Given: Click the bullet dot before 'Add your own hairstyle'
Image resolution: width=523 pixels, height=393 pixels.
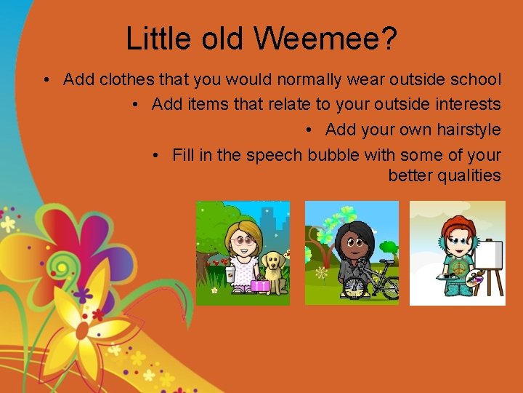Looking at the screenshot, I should pyautogui.click(x=309, y=130).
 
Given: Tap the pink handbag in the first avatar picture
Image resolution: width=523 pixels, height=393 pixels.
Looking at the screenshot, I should pyautogui.click(x=259, y=285).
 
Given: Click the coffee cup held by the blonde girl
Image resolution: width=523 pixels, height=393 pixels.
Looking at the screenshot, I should pyautogui.click(x=230, y=274).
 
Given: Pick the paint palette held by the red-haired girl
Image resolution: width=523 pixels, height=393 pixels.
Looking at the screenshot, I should pyautogui.click(x=473, y=277).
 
